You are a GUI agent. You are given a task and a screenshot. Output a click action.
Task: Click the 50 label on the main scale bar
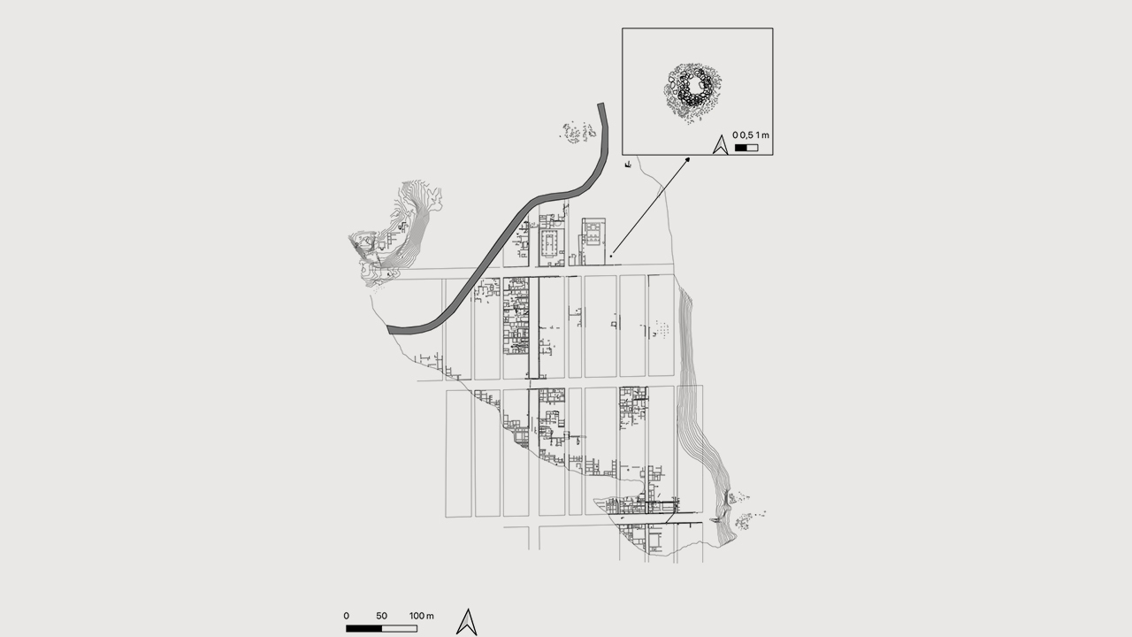point(381,616)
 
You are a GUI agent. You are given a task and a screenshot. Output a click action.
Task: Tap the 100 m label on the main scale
point(422,616)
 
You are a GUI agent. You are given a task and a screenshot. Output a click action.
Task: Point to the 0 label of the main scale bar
point(346,616)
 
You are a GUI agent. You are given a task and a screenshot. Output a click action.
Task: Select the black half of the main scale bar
point(363,628)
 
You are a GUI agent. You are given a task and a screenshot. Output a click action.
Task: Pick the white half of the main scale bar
point(399,628)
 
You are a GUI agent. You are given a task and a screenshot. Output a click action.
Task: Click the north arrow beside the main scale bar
point(467,622)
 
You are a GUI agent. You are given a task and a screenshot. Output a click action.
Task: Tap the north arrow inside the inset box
point(720,144)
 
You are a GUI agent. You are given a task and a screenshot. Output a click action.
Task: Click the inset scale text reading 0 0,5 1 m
point(751,135)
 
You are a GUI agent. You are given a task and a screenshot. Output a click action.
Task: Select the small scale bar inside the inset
point(746,148)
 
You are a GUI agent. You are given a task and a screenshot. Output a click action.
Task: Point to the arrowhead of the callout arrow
point(687,160)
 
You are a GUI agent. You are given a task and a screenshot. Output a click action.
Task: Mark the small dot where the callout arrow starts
point(611,256)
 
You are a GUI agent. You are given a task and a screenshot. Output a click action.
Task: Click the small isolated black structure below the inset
point(628,165)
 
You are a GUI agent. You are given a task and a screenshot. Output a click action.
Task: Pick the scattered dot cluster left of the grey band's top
point(578,133)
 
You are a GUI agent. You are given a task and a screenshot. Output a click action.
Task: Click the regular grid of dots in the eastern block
point(661,328)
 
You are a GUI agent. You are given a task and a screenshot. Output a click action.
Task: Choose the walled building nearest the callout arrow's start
point(593,242)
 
